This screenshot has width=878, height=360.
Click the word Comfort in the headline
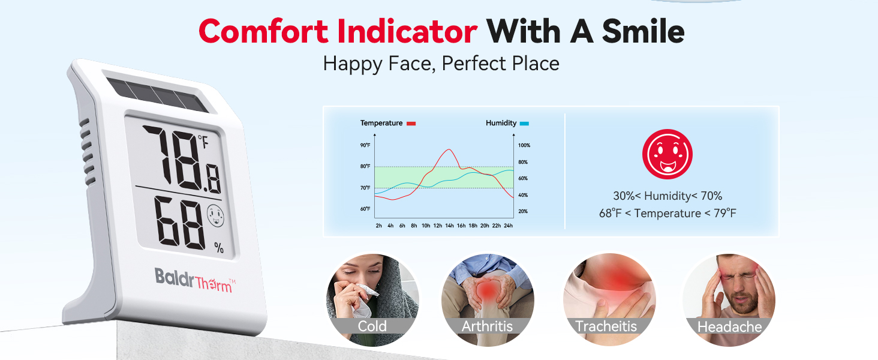(263, 31)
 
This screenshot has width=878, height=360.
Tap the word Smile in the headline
(644, 31)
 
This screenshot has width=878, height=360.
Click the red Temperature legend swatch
(411, 124)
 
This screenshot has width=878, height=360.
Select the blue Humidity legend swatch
(524, 124)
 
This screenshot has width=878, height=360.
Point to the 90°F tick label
(365, 145)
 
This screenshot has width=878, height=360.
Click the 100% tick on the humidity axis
(524, 145)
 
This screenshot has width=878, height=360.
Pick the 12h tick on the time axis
(437, 226)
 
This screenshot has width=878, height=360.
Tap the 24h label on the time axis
(508, 226)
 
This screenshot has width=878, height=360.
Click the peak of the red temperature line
(449, 149)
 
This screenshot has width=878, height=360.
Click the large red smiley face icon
(667, 154)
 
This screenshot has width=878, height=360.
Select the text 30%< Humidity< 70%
(667, 196)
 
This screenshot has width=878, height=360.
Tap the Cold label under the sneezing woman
(372, 326)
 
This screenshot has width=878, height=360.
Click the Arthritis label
(487, 326)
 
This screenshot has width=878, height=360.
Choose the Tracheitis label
(606, 326)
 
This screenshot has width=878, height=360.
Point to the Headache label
(729, 326)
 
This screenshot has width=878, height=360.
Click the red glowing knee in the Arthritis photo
(488, 292)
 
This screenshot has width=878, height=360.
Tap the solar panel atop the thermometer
(157, 95)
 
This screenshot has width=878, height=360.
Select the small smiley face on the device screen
(215, 215)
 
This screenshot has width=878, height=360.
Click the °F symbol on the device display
(203, 142)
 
